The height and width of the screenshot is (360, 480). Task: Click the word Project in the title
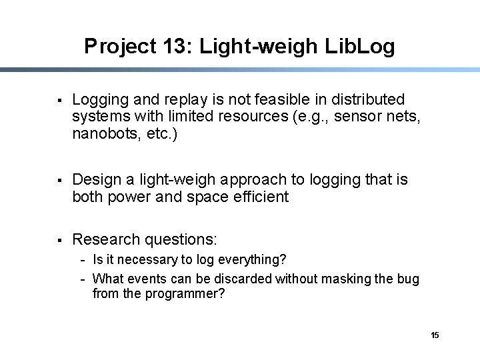(118, 46)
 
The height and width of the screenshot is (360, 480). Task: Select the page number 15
(435, 335)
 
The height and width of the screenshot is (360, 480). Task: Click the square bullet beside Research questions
(60, 239)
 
